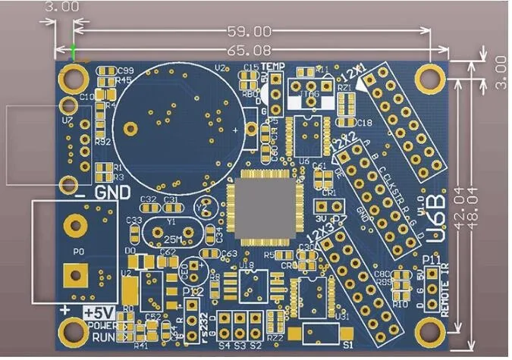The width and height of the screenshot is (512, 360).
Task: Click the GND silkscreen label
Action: tap(112, 192)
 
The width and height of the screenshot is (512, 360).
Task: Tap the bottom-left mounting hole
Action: tap(74, 330)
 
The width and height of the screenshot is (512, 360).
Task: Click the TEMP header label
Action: tap(273, 67)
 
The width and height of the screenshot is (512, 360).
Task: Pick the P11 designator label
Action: tap(432, 261)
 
